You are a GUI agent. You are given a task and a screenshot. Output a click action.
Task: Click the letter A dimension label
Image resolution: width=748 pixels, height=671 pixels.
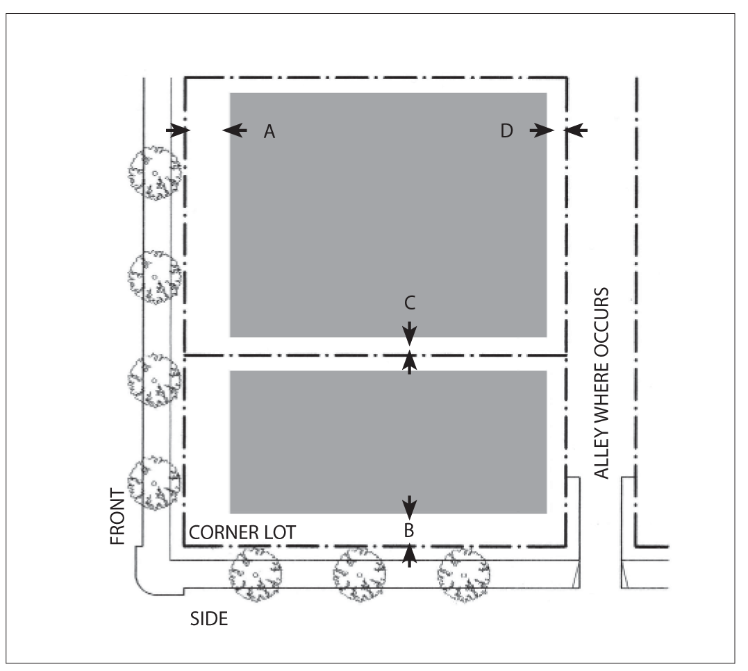coord(269,131)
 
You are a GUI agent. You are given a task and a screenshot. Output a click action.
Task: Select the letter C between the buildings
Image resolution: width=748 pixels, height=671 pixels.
coord(410,303)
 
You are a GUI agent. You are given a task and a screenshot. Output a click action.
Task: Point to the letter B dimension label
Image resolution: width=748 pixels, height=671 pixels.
coord(409,531)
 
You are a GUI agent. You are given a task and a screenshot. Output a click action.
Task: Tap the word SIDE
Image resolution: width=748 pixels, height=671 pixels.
coord(209,618)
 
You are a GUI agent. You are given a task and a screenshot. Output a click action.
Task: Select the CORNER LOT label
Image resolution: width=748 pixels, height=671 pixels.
coord(242,533)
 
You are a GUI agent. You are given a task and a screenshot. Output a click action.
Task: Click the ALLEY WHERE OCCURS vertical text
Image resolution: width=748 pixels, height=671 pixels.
coord(602,383)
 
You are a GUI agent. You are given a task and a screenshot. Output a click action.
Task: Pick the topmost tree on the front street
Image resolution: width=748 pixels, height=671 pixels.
coord(155,173)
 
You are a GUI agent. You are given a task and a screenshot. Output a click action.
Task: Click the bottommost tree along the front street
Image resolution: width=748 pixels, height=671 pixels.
coord(154,483)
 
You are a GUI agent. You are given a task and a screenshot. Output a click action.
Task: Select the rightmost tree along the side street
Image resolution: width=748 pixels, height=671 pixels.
coord(463,575)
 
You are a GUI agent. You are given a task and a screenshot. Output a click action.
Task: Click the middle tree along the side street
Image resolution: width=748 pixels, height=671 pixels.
coord(358,575)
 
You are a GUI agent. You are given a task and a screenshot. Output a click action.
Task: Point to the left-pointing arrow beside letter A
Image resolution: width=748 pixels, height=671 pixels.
coord(234,130)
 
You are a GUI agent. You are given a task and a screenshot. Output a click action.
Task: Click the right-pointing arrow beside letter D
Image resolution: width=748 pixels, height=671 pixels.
coord(542,130)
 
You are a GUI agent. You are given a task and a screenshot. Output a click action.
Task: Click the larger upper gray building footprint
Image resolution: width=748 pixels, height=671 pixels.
coord(388,215)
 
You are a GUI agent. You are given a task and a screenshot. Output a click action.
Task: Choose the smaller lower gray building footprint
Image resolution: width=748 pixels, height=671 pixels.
coord(388,442)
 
